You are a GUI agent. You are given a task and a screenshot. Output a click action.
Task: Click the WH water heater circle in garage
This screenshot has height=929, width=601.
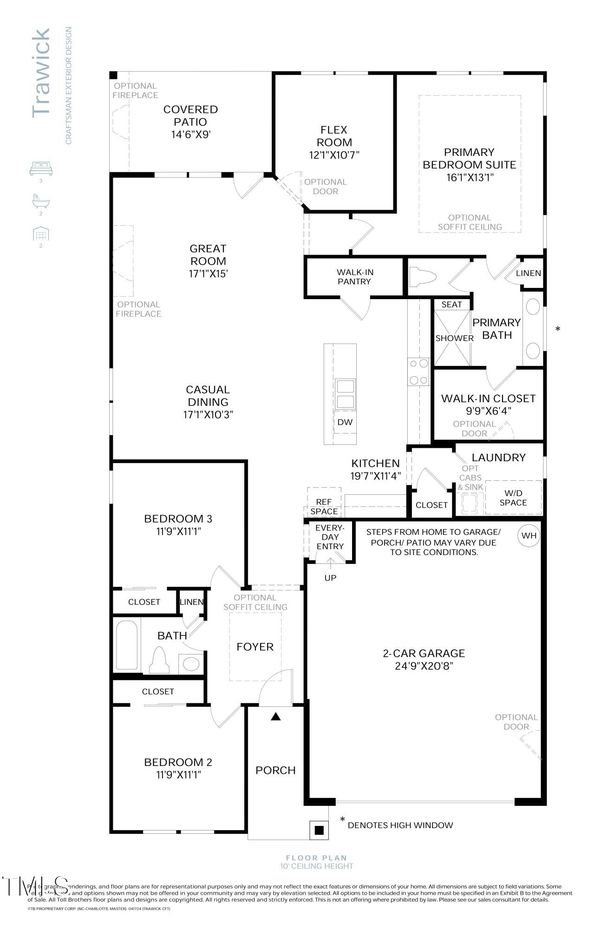[529, 536]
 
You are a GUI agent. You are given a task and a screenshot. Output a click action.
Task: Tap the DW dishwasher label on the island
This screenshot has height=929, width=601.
[345, 422]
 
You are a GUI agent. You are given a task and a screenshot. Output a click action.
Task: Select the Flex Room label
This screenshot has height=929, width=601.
[334, 136]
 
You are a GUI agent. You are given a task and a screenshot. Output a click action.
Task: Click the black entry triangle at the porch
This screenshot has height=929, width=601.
[276, 717]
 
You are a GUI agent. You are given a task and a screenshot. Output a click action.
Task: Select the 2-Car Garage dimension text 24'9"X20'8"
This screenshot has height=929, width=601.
[424, 666]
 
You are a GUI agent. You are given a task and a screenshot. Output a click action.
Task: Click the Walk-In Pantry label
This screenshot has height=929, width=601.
[354, 277]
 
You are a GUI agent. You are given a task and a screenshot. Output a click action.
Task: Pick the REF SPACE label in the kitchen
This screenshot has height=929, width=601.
[324, 507]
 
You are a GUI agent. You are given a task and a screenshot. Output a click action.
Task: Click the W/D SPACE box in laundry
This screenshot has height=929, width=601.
[513, 498]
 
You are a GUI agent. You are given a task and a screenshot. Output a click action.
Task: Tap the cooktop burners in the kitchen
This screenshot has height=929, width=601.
[418, 372]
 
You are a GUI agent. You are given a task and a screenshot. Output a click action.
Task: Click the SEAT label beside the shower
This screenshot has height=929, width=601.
[451, 304]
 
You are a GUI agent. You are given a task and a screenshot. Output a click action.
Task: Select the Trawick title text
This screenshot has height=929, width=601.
[41, 72]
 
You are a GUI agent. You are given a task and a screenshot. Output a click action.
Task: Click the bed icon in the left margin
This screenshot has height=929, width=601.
[41, 168]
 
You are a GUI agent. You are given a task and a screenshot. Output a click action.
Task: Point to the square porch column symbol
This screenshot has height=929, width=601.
[319, 830]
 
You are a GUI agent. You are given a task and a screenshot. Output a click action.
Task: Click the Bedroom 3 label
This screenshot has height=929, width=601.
[178, 518]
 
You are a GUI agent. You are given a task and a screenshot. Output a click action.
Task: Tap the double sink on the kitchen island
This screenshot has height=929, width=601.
[345, 394]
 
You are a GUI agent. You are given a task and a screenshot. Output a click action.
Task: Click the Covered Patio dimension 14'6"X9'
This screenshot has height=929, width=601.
[191, 134]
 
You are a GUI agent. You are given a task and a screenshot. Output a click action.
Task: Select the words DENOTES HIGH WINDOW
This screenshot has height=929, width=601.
[400, 825]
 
